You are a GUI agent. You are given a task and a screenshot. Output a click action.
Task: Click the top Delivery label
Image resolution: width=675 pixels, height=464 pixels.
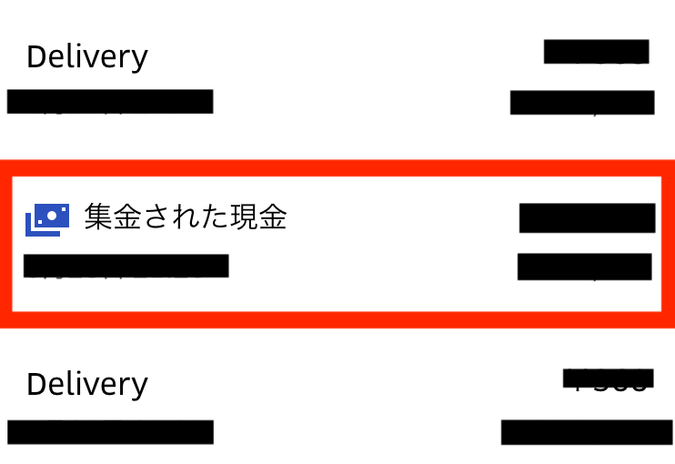pos(86,57)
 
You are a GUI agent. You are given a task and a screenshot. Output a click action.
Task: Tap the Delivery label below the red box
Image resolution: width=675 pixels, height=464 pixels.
pos(86,384)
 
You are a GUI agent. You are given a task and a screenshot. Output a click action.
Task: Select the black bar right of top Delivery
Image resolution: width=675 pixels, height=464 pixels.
pos(596,52)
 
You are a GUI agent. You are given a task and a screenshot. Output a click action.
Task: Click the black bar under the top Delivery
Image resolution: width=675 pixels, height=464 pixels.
pos(110,101)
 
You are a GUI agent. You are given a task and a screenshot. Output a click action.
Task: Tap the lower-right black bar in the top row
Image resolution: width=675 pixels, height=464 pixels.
pos(582,102)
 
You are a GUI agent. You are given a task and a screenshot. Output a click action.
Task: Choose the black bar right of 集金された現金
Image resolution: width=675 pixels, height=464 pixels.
pos(588,218)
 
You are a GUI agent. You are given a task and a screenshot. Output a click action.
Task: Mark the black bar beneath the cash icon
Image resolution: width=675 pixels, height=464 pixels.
pos(126,266)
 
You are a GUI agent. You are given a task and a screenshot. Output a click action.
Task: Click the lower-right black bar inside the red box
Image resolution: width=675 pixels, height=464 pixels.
pos(585,267)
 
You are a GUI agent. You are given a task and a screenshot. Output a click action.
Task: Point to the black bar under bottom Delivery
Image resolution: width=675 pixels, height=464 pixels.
pos(110,432)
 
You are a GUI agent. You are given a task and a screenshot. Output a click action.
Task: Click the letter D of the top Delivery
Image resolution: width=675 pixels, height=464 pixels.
pos(35,57)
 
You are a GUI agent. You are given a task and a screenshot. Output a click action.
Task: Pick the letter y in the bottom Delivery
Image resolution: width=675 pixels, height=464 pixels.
pos(139,387)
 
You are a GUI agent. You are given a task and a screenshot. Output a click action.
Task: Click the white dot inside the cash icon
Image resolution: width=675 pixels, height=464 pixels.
pos(51,214)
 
